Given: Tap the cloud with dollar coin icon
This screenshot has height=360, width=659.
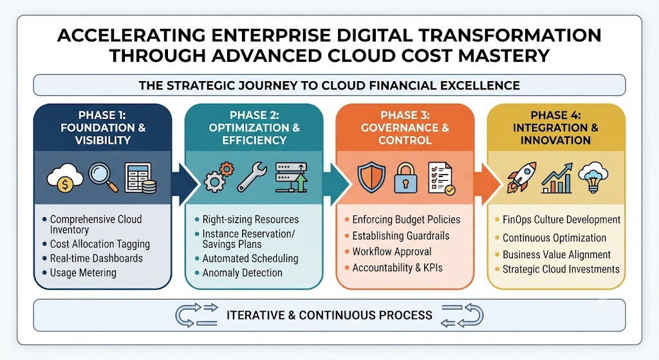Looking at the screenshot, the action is coord(65,178).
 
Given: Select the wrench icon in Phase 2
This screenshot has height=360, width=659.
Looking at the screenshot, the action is coord(252,178).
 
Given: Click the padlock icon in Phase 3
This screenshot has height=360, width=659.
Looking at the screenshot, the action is coord(405,178).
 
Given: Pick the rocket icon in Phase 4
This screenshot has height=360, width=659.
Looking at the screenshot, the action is coord(521,177).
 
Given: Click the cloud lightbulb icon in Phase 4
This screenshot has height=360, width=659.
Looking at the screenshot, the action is coord(593,177).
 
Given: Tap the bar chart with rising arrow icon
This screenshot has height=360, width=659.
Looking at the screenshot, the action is coord(557,178).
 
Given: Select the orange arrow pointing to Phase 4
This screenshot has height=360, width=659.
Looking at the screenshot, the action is coord(488,184).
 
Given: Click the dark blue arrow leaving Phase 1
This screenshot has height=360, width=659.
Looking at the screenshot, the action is coord(185,184).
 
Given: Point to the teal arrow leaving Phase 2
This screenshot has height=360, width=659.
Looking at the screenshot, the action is coord(336,184).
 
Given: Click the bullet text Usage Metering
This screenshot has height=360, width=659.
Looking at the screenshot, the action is coord(83,272).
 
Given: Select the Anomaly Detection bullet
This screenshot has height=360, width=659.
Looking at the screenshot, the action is coord(243,272).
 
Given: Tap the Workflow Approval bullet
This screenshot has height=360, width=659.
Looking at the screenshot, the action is coord(392,252).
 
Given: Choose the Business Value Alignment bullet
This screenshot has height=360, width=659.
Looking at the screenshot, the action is coord(557,254).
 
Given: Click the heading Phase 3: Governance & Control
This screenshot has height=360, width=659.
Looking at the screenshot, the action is coord(405,128).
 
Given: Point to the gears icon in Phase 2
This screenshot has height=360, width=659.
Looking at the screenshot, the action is coord(219,177).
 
